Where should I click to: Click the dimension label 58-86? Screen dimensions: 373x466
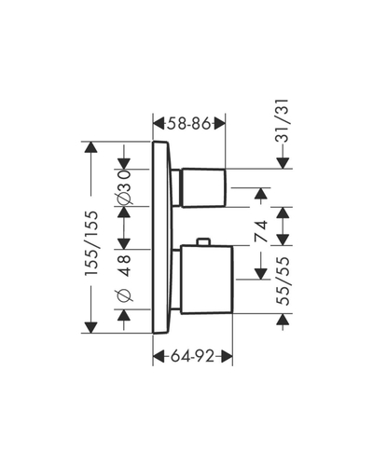pyautogui.click(x=189, y=124)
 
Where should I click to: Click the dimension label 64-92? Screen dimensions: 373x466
pyautogui.click(x=193, y=356)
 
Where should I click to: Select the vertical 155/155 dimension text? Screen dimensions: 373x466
pyautogui.click(x=92, y=243)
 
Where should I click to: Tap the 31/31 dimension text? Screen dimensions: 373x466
pyautogui.click(x=283, y=121)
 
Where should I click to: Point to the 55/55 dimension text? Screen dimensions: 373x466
pyautogui.click(x=283, y=281)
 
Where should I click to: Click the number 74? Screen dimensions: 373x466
pyautogui.click(x=261, y=231)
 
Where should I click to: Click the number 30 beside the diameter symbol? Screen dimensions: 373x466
pyautogui.click(x=124, y=180)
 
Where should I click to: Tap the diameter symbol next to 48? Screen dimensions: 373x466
pyautogui.click(x=124, y=295)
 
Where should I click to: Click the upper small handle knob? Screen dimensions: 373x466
pyautogui.click(x=203, y=188)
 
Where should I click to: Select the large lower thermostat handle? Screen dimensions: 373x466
pyautogui.click(x=206, y=280)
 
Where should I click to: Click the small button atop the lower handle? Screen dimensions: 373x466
pyautogui.click(x=203, y=241)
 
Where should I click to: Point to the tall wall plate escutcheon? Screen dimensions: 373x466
pyautogui.click(x=161, y=238)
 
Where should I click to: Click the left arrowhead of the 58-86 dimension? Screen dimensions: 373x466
pyautogui.click(x=159, y=124)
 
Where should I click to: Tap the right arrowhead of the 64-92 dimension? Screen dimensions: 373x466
pyautogui.click(x=227, y=356)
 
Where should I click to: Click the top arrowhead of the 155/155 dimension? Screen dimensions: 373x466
pyautogui.click(x=90, y=147)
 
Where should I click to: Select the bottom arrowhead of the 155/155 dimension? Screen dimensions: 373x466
pyautogui.click(x=90, y=328)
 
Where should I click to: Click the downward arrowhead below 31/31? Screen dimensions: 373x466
pyautogui.click(x=283, y=163)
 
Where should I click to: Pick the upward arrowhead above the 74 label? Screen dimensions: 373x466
pyautogui.click(x=261, y=193)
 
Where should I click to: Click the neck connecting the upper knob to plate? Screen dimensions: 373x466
pyautogui.click(x=175, y=187)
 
